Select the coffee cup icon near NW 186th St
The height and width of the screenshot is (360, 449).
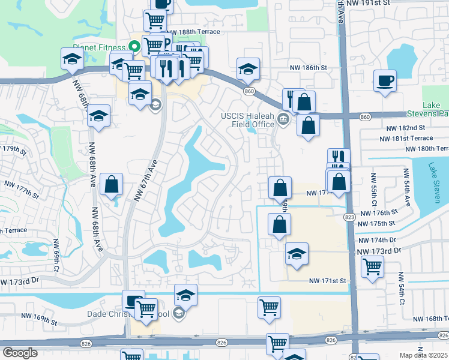(x=385, y=80)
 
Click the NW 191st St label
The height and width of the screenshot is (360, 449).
(x=369, y=3)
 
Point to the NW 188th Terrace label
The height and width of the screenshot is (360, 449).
(x=194, y=32)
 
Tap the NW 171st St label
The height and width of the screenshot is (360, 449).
(x=328, y=281)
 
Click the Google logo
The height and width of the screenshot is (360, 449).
(x=20, y=353)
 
